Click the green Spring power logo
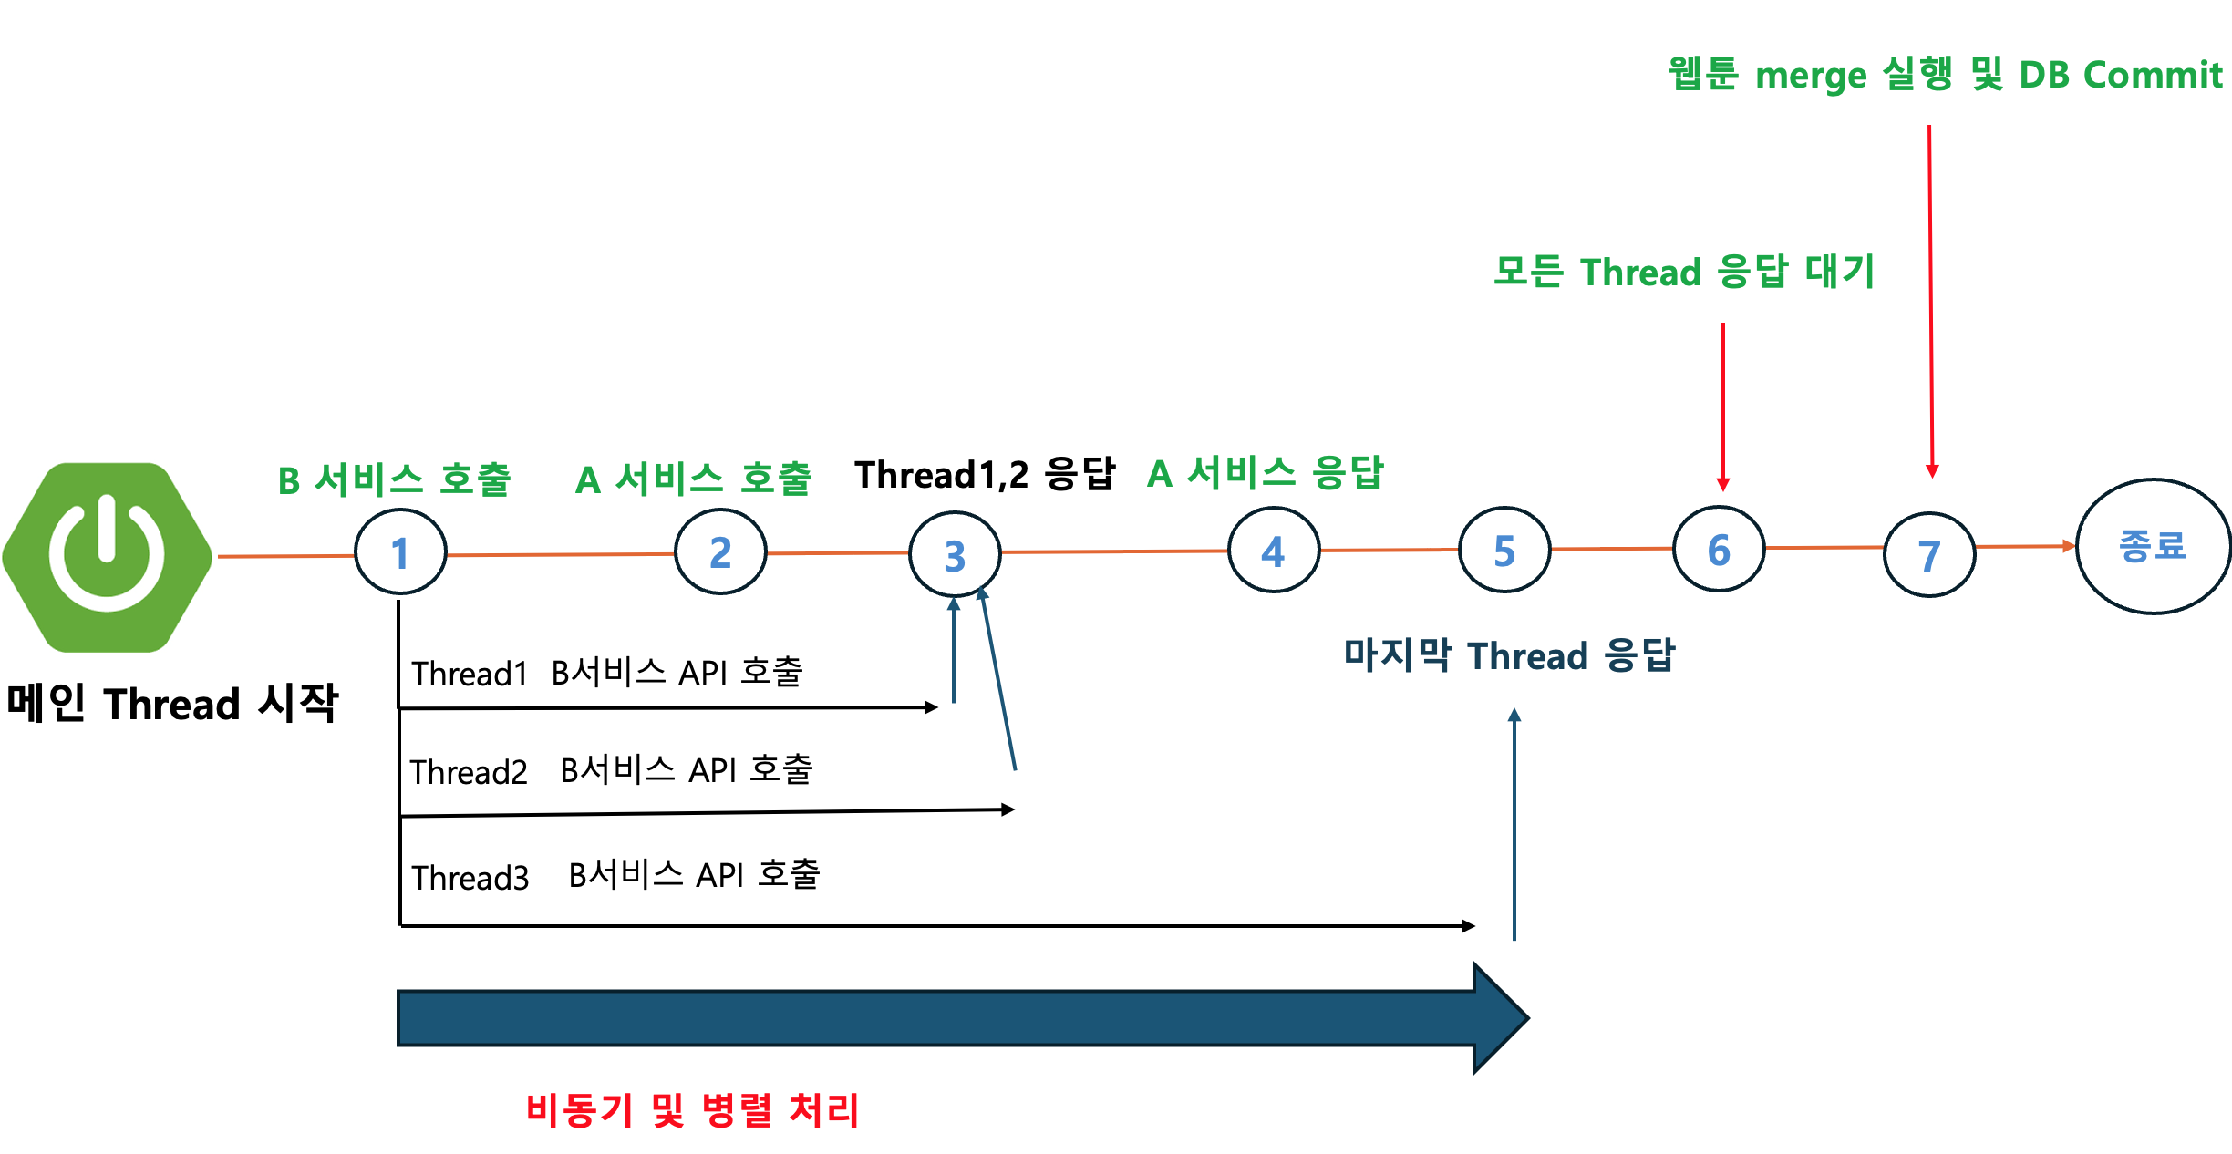tap(108, 556)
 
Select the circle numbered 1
tap(400, 552)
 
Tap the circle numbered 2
tap(720, 551)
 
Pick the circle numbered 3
tap(955, 554)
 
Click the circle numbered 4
tap(1274, 550)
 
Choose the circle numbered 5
tap(1504, 550)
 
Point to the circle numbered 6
tap(1719, 549)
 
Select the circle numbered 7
tap(1929, 554)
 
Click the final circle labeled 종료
tap(2153, 546)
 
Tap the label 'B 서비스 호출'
tap(394, 479)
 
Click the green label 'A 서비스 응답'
tap(1266, 473)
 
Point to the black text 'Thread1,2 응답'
tap(985, 474)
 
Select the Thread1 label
tap(470, 674)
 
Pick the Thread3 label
tap(470, 878)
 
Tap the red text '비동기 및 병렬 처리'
tap(693, 1110)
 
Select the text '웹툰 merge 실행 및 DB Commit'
tap(1945, 74)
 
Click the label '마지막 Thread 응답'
tap(1509, 655)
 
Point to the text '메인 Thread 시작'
tap(172, 704)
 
